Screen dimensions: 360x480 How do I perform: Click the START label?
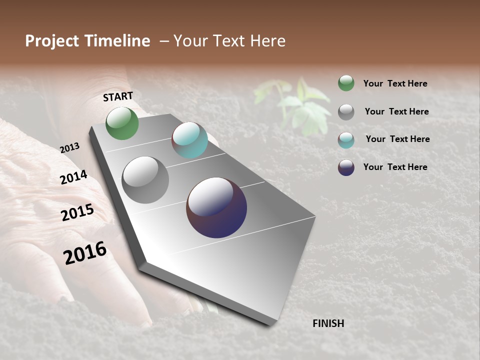coord(118,96)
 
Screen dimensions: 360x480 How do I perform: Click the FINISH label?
coord(328,323)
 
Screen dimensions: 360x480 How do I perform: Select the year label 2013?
coord(69,148)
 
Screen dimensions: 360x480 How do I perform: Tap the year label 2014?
coord(73,177)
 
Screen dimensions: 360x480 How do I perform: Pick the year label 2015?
coord(77,212)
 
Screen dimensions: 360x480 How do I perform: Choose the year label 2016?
coord(85,253)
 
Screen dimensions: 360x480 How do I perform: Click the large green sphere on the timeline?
coord(122,123)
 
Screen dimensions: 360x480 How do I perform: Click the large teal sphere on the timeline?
coord(189,140)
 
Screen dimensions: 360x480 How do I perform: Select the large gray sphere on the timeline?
coord(145,180)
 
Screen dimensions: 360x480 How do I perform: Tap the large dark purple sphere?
coord(216,207)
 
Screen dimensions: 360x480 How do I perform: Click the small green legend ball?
coord(346,83)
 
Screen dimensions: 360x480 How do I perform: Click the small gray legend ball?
coord(346,111)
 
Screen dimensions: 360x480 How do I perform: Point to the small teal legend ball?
coord(346,139)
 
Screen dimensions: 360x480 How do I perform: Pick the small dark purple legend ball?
coord(346,167)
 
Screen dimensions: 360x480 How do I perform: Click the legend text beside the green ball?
coord(395,83)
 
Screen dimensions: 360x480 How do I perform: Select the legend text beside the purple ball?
coord(395,167)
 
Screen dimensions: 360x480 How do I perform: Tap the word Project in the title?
coord(51,41)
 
